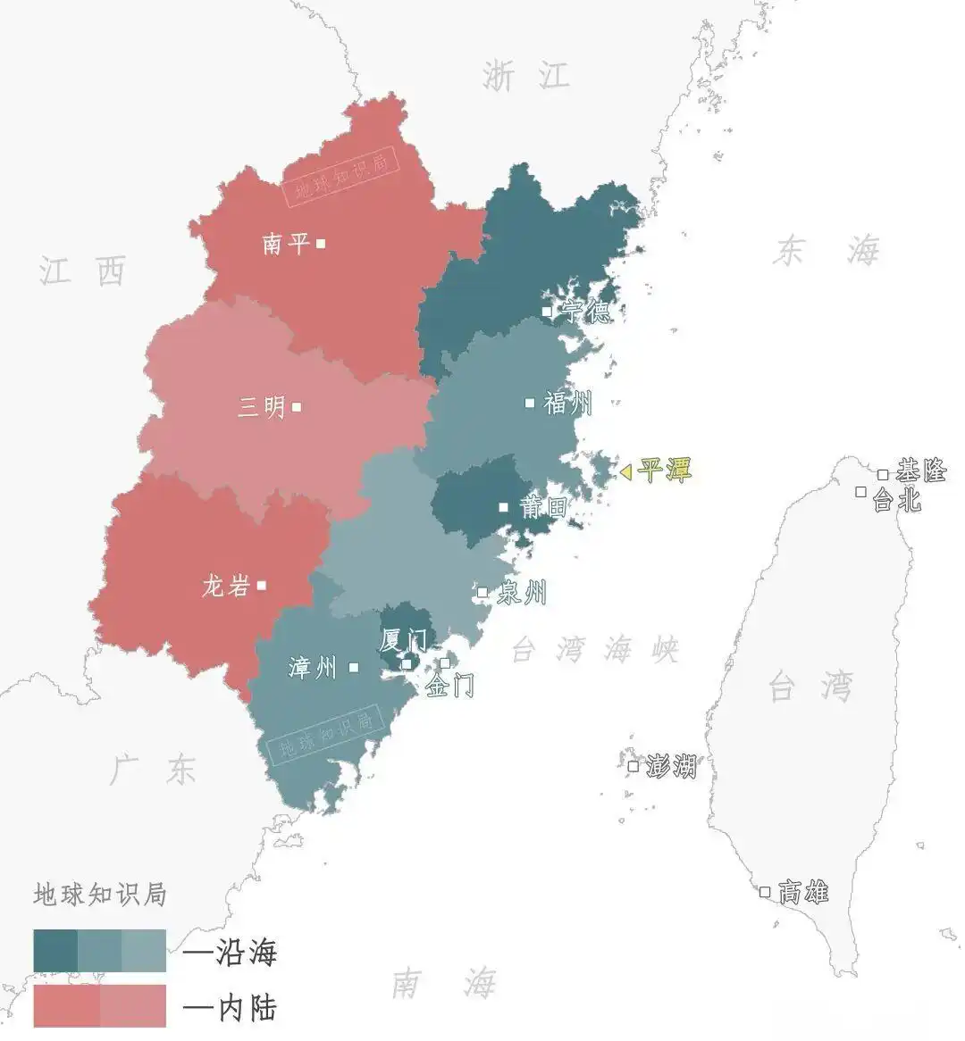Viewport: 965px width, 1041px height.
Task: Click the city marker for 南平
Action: click(321, 243)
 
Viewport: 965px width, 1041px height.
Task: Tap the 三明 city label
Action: click(261, 407)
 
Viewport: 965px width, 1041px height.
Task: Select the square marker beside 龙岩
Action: click(261, 586)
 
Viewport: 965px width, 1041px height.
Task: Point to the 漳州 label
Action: click(313, 667)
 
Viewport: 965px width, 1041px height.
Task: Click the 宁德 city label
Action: click(586, 312)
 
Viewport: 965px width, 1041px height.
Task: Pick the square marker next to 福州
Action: click(529, 403)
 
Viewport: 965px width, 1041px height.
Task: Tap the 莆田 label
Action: click(543, 507)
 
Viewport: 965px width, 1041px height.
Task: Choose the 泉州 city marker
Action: click(482, 592)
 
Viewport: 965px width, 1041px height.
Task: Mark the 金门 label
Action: click(449, 686)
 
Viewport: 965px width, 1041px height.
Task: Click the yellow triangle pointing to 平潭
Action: click(625, 471)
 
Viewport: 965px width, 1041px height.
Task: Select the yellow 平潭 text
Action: click(666, 471)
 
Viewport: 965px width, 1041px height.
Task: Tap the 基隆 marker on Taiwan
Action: click(883, 475)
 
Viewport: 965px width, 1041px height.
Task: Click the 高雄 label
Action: click(803, 891)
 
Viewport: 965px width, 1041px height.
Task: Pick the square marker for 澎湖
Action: click(634, 766)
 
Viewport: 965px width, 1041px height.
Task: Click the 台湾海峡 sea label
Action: click(595, 649)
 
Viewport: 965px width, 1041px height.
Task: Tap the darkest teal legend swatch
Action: click(55, 952)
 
